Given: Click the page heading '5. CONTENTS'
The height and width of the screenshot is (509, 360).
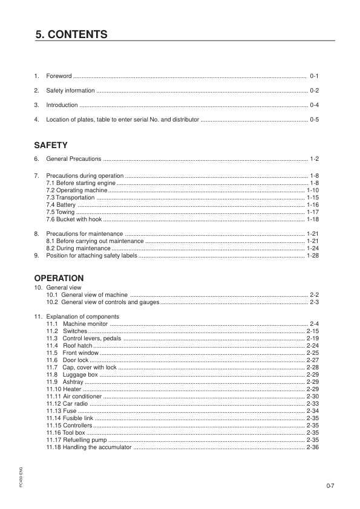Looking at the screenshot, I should tap(71, 34).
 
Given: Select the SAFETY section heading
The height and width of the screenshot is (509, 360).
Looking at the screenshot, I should tap(51, 145).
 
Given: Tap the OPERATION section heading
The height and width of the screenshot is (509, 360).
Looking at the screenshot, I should tap(59, 278).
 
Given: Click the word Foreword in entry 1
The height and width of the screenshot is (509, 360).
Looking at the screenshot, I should tap(59, 76).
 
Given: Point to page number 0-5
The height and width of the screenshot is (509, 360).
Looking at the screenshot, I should tap(314, 120).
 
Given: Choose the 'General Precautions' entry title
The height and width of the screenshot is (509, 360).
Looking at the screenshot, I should tap(74, 159).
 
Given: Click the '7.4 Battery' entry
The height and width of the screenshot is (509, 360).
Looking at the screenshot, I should tap(61, 205).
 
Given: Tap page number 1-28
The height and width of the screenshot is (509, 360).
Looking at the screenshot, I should tap(313, 256).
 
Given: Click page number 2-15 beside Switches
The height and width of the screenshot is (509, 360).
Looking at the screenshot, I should tap(313, 331).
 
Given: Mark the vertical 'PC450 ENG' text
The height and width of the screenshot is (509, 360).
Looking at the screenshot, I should tap(21, 477).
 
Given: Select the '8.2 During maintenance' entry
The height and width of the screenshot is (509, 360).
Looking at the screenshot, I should tap(78, 248).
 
